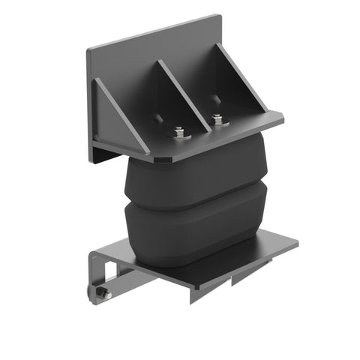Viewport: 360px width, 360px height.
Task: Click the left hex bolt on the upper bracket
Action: (179, 133)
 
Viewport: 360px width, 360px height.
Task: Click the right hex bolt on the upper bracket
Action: (217, 119)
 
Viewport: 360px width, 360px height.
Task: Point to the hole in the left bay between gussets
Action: (159, 117)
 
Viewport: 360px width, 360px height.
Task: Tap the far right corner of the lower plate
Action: (297, 241)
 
